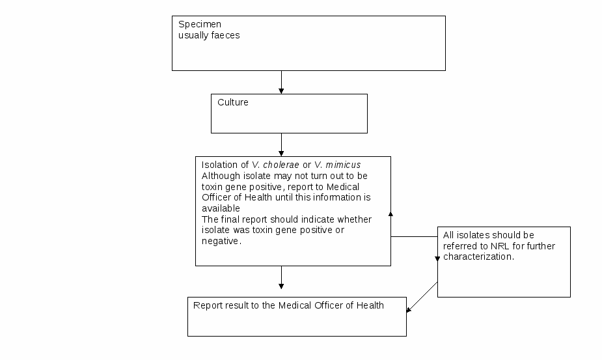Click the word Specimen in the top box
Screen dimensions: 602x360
point(200,25)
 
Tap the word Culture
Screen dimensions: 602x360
point(232,102)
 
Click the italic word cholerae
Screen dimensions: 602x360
point(281,165)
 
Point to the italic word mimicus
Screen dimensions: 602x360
point(343,165)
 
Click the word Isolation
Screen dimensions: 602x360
point(220,165)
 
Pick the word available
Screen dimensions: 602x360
point(221,208)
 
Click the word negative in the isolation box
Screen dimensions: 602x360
point(221,242)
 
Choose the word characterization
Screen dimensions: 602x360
point(478,256)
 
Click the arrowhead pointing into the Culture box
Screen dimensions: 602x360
point(281,91)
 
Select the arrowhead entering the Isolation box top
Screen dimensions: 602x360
point(281,154)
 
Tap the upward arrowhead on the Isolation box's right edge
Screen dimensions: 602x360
point(391,214)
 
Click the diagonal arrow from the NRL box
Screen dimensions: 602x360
point(422,297)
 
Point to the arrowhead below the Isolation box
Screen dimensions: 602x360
point(281,286)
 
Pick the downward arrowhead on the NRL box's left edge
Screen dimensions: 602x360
point(437,259)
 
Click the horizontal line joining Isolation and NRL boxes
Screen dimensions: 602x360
point(415,237)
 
